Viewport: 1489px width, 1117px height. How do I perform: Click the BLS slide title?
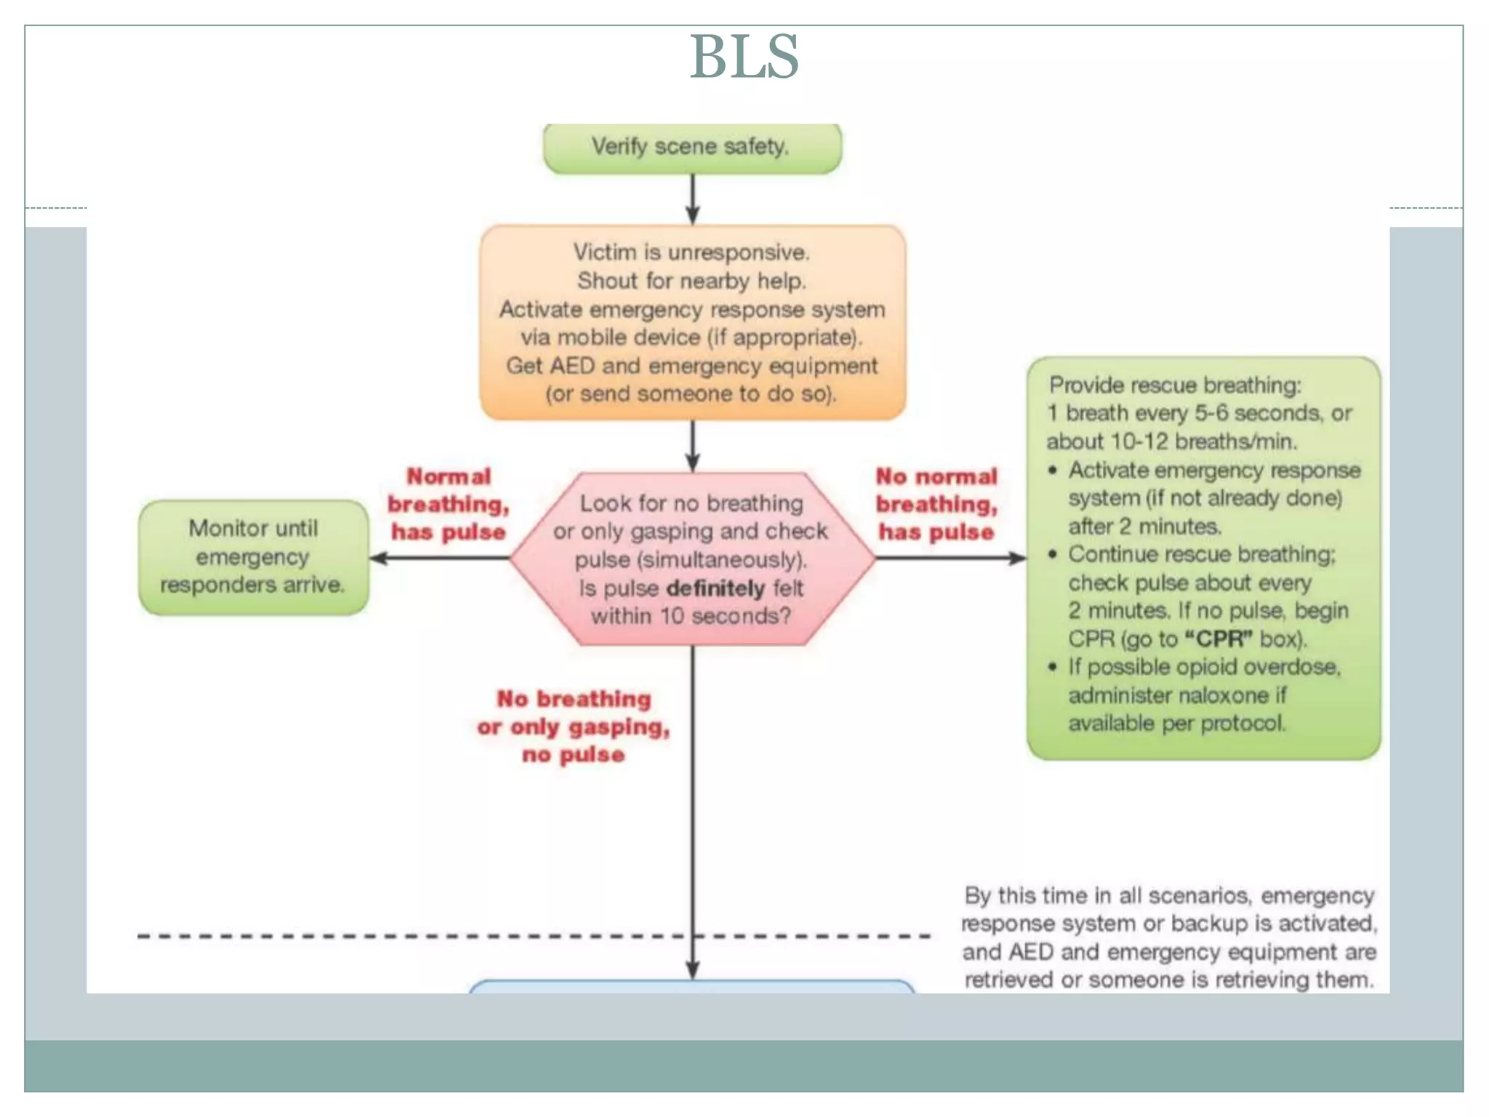point(744,57)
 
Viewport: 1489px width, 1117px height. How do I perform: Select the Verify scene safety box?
point(691,148)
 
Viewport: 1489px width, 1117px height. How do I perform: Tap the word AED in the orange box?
point(572,366)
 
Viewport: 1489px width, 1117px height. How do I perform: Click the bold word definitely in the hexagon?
point(715,588)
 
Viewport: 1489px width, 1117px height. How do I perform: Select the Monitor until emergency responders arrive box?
point(253,557)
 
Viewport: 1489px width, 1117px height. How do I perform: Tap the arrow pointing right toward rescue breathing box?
point(952,558)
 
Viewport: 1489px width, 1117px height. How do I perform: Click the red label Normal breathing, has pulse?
point(449,504)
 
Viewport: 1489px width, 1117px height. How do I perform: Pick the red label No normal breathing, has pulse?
point(936,504)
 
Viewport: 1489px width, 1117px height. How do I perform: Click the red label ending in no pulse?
point(574,726)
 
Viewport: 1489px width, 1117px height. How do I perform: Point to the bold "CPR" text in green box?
point(1219,639)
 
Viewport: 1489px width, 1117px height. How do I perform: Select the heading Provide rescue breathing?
point(1175,385)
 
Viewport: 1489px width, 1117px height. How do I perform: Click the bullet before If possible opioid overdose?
point(1052,667)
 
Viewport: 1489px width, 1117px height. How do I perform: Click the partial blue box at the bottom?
point(691,987)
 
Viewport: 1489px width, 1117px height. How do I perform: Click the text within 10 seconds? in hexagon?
point(691,617)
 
